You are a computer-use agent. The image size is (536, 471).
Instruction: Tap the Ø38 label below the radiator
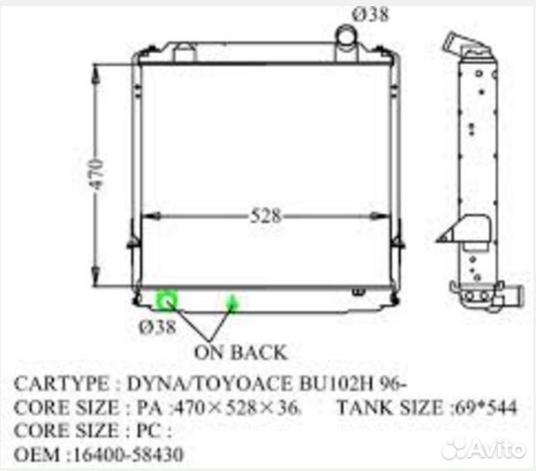157,327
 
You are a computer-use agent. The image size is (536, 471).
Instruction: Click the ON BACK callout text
240,352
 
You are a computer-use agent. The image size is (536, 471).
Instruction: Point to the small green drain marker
234,304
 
